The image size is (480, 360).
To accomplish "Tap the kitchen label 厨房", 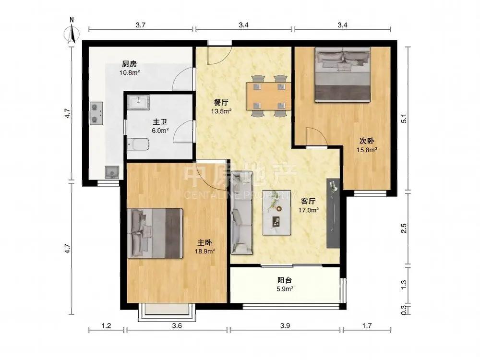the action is tap(129, 64).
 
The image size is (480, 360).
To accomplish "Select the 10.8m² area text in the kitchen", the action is tap(130, 73).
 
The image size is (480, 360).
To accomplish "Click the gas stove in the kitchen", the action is tap(96, 113).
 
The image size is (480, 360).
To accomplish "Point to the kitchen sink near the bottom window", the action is tap(112, 172).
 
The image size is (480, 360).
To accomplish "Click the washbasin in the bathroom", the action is tap(138, 102).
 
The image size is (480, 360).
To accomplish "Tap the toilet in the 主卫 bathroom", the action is tap(138, 144).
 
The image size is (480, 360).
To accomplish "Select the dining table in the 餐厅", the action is tap(269, 96).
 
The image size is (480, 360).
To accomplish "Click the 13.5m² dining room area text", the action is tap(221, 111).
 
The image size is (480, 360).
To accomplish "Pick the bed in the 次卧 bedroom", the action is tap(343, 75).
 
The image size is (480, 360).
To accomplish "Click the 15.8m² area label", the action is tap(367, 150).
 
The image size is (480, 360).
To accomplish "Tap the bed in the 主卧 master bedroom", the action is tap(155, 233).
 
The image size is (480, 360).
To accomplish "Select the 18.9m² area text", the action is tap(205, 252).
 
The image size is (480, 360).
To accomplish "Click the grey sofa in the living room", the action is tap(241, 213).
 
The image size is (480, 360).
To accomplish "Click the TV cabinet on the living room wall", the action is tap(333, 214).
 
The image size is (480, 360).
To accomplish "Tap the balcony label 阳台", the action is tap(285, 280).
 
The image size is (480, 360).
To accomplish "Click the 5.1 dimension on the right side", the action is tap(404, 119).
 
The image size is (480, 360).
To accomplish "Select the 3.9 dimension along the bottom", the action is tap(285, 326).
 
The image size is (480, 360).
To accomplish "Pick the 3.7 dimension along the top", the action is tap(141, 25).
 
